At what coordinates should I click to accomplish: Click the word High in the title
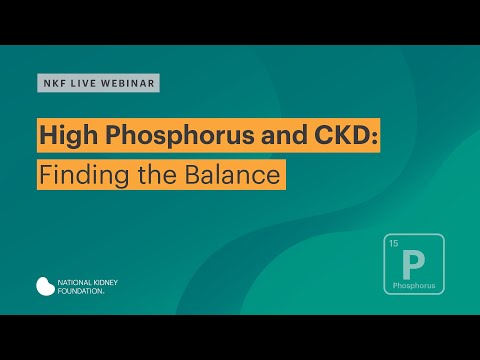(x=68, y=138)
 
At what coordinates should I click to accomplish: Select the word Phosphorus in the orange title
(x=166, y=138)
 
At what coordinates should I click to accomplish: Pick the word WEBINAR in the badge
(x=128, y=83)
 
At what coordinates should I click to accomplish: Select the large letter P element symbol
(x=413, y=264)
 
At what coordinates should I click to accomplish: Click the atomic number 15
(x=393, y=244)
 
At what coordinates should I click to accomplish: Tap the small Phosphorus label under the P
(x=414, y=285)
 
